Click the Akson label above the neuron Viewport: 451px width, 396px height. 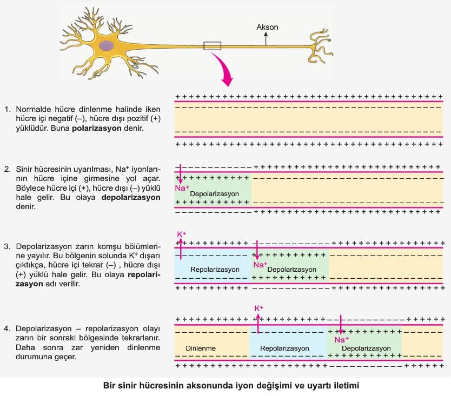[x=267, y=27]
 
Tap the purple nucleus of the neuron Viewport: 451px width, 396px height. [x=107, y=46]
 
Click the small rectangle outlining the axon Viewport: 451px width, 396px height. [x=213, y=46]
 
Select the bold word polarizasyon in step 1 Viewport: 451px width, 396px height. [x=97, y=128]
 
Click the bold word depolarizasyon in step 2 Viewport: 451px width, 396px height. [x=131, y=197]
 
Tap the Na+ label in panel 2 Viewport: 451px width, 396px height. [x=182, y=188]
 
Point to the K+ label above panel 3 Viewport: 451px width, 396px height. [x=182, y=234]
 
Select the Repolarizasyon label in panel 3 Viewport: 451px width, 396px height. [x=215, y=269]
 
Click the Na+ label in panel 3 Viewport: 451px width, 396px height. [x=260, y=265]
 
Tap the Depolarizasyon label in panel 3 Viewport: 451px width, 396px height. [x=291, y=269]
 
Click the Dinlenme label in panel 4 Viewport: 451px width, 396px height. [x=201, y=348]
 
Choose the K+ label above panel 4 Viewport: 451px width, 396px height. [x=259, y=308]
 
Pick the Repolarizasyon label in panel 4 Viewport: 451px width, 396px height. [x=284, y=348]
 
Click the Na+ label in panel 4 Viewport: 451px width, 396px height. [x=341, y=340]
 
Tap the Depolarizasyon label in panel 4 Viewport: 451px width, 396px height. [x=366, y=348]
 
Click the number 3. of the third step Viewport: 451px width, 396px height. [x=8, y=246]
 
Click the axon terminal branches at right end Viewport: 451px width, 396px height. [x=321, y=46]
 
